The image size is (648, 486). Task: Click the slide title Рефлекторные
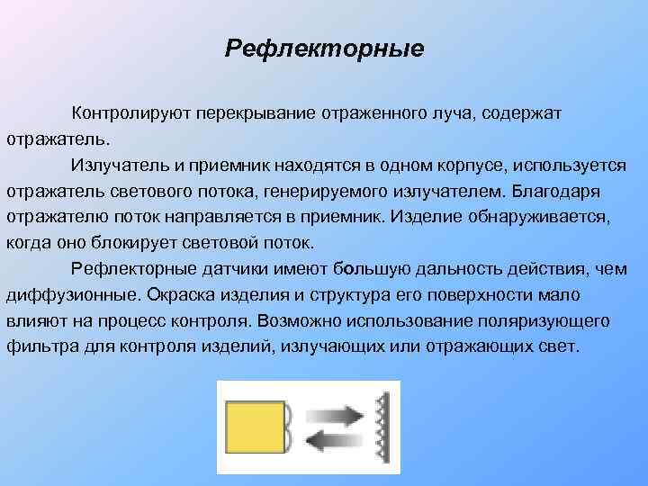pos(324,46)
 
